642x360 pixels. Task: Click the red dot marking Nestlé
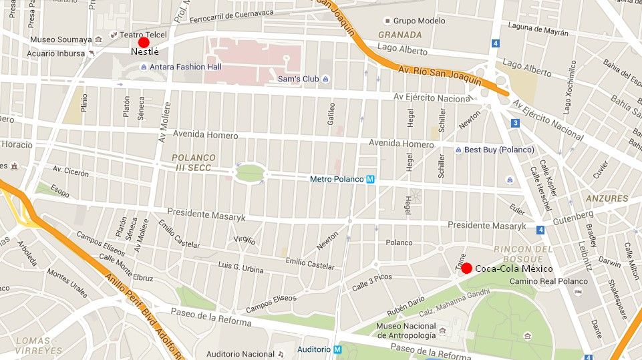click(x=144, y=42)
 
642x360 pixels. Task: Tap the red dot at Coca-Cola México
click(x=467, y=268)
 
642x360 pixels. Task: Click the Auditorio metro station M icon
click(x=337, y=349)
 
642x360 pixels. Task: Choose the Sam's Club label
click(x=299, y=79)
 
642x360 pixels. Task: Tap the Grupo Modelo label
click(x=419, y=21)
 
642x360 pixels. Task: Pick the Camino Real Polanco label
click(x=548, y=281)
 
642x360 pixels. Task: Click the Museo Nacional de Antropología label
click(x=408, y=330)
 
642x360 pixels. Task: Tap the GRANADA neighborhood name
click(x=399, y=35)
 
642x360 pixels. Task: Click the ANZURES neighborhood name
click(x=607, y=198)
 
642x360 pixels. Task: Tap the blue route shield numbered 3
click(x=515, y=123)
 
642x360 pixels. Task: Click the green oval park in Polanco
click(x=250, y=173)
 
